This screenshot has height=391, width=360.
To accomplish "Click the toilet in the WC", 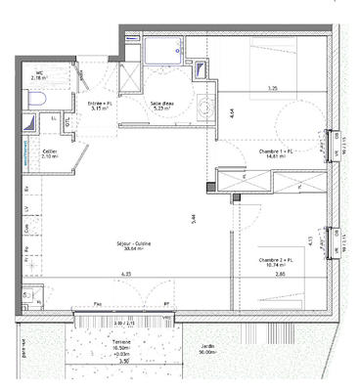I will pyautogui.click(x=36, y=101).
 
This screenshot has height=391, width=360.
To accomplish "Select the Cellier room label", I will pyautogui.click(x=49, y=154).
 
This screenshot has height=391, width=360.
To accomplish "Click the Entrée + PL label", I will pyautogui.click(x=101, y=105).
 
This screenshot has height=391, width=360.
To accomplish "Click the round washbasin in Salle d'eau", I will pyautogui.click(x=203, y=108).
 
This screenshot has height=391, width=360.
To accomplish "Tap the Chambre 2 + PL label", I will pyautogui.click(x=277, y=261).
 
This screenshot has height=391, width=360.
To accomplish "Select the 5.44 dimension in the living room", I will pyautogui.click(x=197, y=217).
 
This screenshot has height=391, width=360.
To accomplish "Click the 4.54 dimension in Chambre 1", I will pyautogui.click(x=231, y=112).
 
